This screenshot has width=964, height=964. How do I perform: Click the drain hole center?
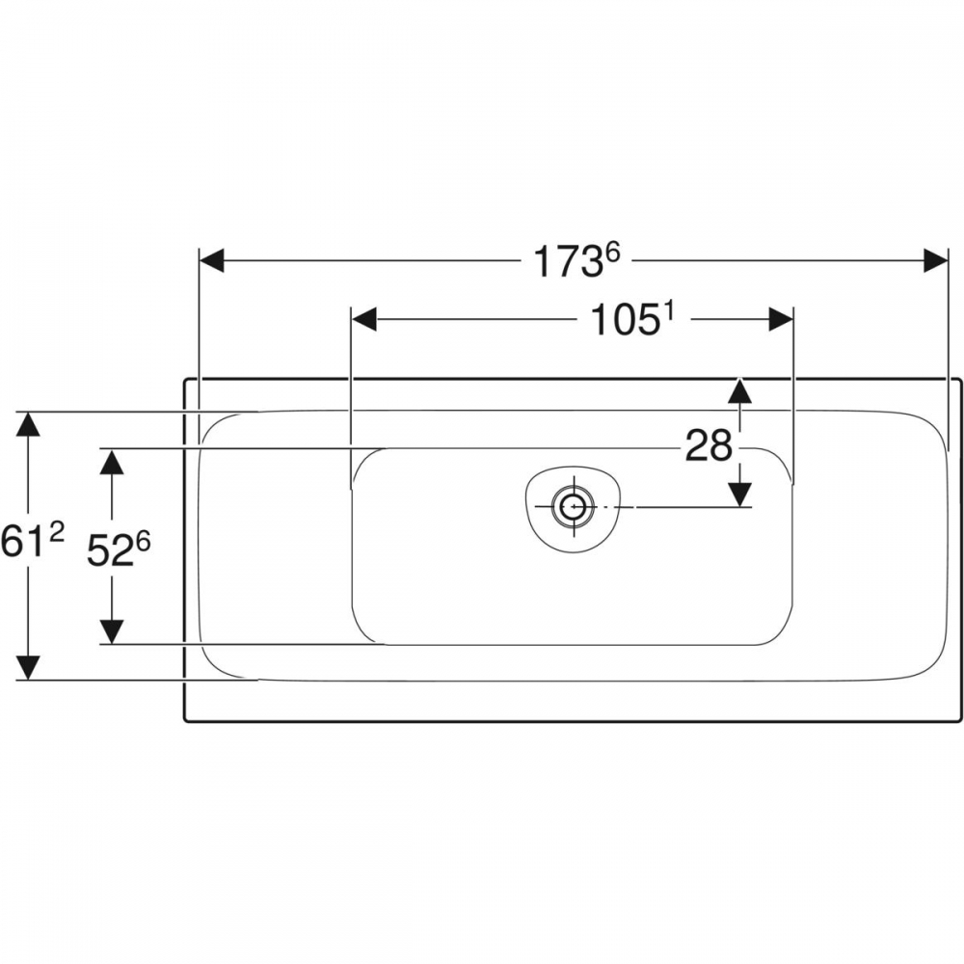(575, 507)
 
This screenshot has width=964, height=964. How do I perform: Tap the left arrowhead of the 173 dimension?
(212, 260)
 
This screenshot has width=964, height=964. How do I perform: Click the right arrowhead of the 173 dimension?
(936, 260)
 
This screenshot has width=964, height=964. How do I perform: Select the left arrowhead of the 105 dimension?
(363, 320)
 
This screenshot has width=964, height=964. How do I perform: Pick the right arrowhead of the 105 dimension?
(781, 320)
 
